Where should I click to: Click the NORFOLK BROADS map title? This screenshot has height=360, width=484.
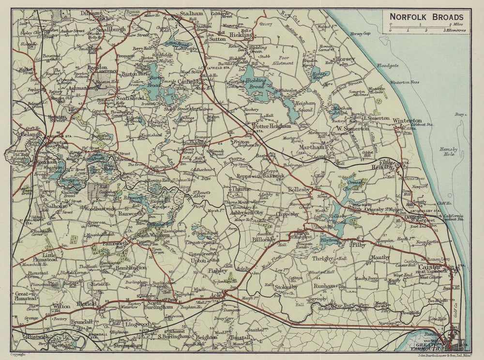(x=426, y=16)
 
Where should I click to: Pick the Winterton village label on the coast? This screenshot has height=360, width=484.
(x=407, y=120)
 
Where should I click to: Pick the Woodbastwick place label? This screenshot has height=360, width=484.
(x=99, y=209)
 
